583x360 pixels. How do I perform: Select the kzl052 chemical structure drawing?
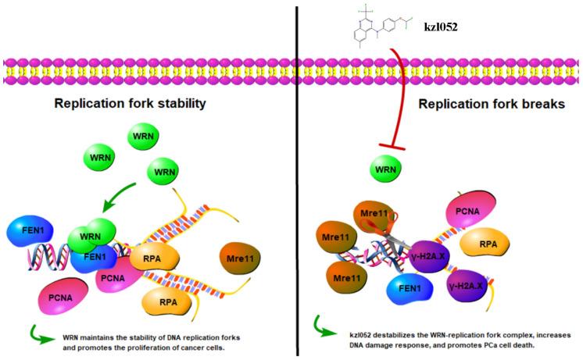[x=377, y=27]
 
